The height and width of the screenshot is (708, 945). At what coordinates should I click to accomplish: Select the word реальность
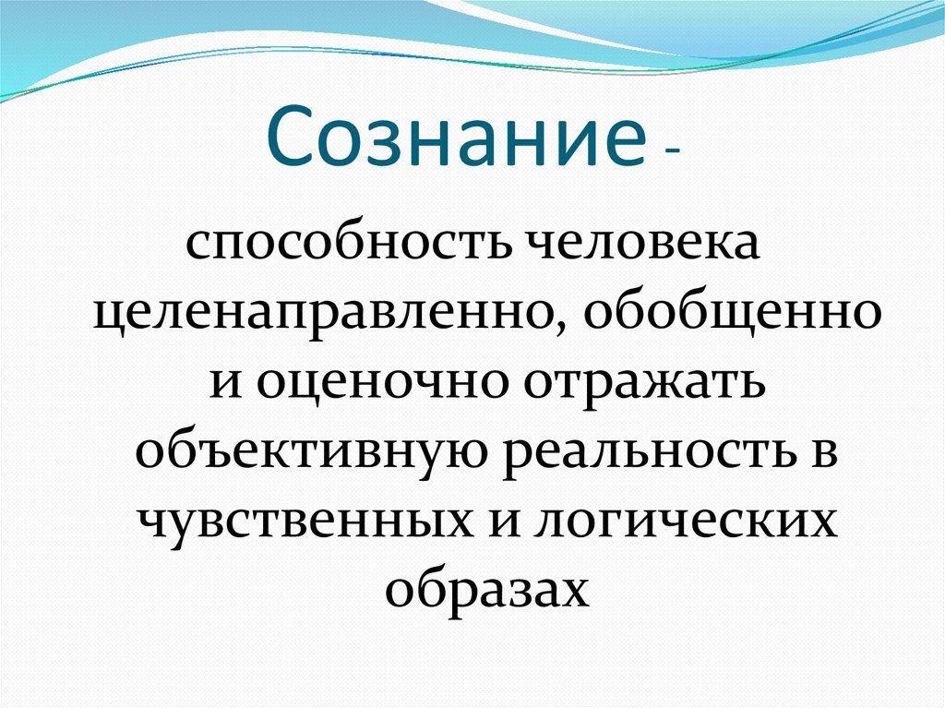click(645, 452)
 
